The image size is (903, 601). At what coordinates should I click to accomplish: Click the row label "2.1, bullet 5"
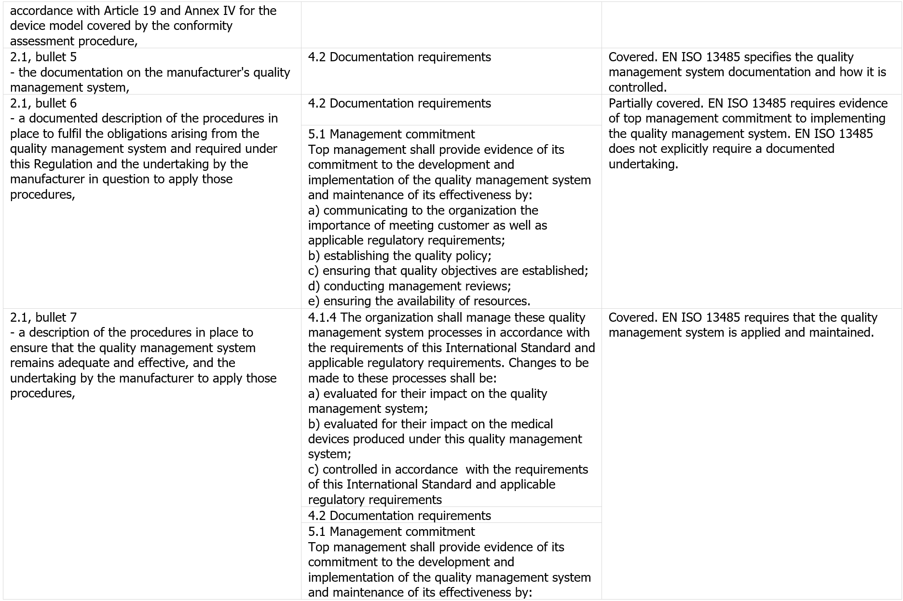point(43,57)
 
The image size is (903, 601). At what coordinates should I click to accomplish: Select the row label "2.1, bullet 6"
point(43,103)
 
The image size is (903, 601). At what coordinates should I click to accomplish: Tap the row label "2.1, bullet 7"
point(43,317)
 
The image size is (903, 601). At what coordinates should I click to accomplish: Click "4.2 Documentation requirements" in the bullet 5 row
point(399,57)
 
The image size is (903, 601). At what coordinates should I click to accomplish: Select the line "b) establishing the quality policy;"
point(399,256)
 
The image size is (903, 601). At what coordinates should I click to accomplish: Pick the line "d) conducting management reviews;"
point(409,286)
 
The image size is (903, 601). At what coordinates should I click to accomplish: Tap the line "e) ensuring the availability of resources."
point(419,301)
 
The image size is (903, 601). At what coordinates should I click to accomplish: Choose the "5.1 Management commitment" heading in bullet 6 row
point(391,134)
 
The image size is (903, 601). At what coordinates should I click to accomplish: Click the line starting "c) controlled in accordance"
point(448,469)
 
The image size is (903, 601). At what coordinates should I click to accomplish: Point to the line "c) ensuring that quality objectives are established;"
point(448,271)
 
